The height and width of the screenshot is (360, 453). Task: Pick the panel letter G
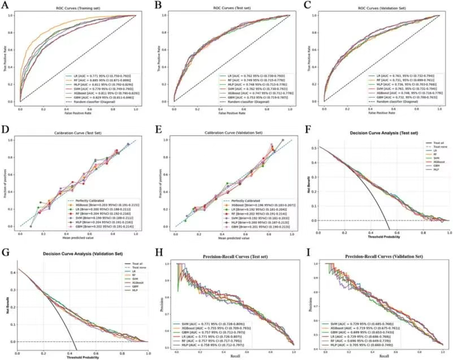(7, 251)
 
